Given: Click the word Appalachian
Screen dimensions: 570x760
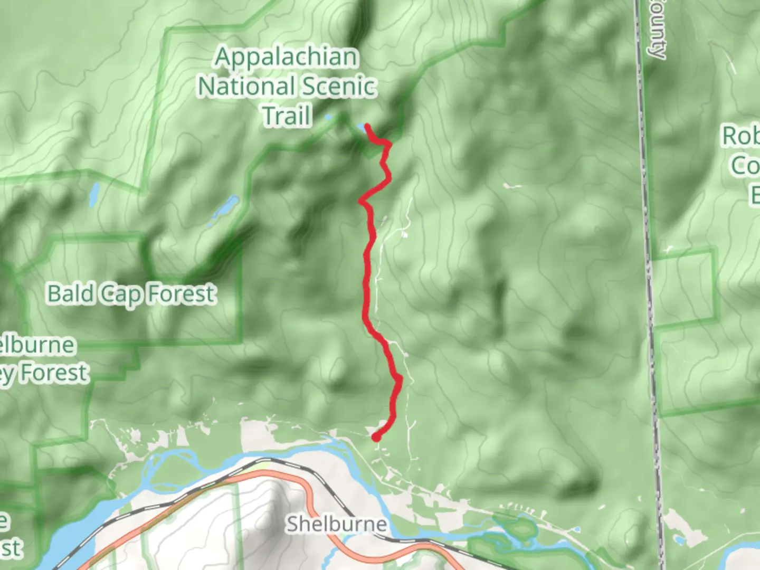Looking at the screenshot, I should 286,57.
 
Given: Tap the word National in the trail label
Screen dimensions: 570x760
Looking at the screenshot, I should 246,87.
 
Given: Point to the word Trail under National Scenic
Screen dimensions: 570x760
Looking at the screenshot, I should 287,116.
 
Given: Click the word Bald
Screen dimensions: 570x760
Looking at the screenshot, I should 71,293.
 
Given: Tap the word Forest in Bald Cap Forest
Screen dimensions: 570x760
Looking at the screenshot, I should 180,293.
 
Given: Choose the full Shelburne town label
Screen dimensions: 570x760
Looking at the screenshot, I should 336,524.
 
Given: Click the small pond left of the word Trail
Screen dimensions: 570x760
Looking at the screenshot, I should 328,117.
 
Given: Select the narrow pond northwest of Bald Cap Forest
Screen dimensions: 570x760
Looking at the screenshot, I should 94,195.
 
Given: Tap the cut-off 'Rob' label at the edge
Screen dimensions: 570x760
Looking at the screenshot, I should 740,136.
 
